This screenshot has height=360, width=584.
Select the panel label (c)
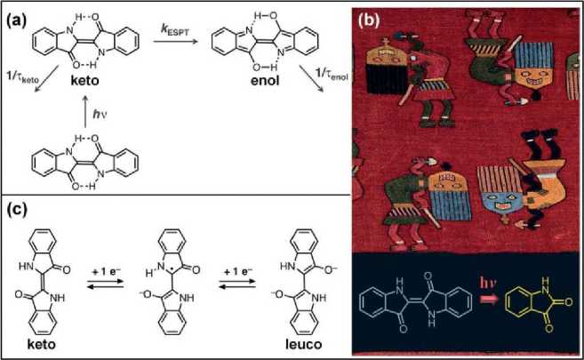click(x=20, y=212)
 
